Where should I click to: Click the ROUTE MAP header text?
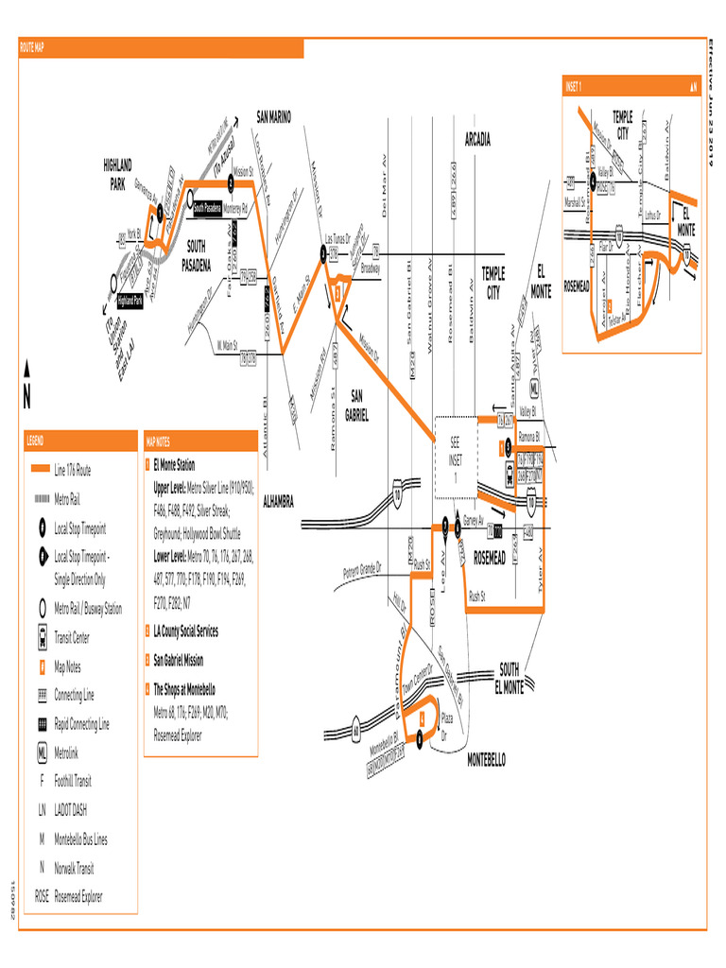pyautogui.click(x=32, y=46)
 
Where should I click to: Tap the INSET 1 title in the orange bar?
pyautogui.click(x=574, y=86)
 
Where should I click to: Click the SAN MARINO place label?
pyautogui.click(x=274, y=116)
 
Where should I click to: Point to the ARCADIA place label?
pyautogui.click(x=477, y=139)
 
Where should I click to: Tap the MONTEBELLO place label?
pyautogui.click(x=487, y=759)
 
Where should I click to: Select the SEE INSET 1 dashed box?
pyautogui.click(x=455, y=458)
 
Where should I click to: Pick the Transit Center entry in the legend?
pyautogui.click(x=72, y=638)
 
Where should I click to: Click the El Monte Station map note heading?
pyautogui.click(x=174, y=465)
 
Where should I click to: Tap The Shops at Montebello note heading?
pyautogui.click(x=184, y=689)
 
